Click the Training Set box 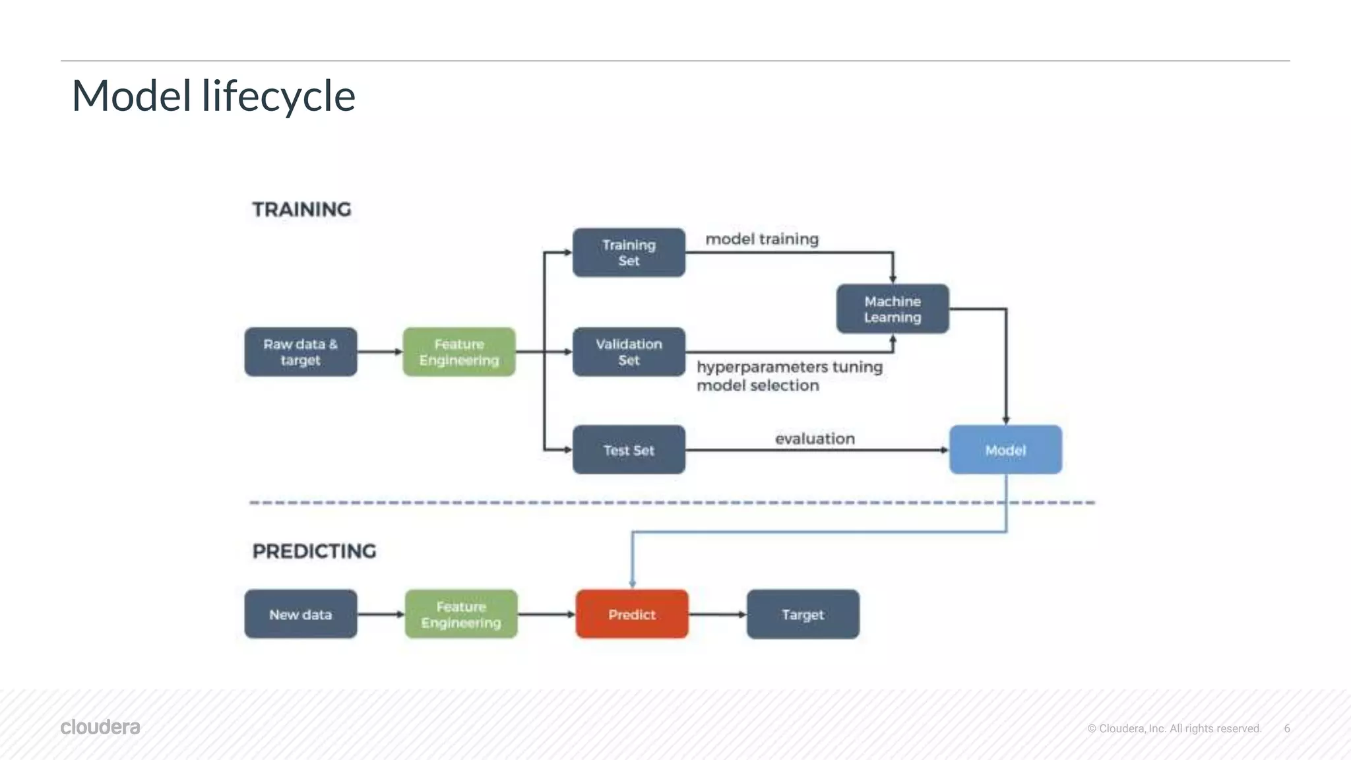(629, 253)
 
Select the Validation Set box (629, 352)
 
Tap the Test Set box (629, 450)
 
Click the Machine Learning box (893, 309)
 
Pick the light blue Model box (1005, 450)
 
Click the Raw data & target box (301, 352)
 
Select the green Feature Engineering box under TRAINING (459, 352)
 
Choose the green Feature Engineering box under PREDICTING (461, 614)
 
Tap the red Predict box (632, 614)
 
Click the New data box (301, 614)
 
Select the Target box (803, 614)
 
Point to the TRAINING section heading (302, 209)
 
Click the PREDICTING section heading (314, 551)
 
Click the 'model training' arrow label (762, 239)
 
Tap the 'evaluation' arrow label (815, 439)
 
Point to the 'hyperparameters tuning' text (790, 367)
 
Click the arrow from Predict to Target (717, 614)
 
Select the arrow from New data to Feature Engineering (381, 614)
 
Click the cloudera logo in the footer (100, 727)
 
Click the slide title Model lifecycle (214, 96)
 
